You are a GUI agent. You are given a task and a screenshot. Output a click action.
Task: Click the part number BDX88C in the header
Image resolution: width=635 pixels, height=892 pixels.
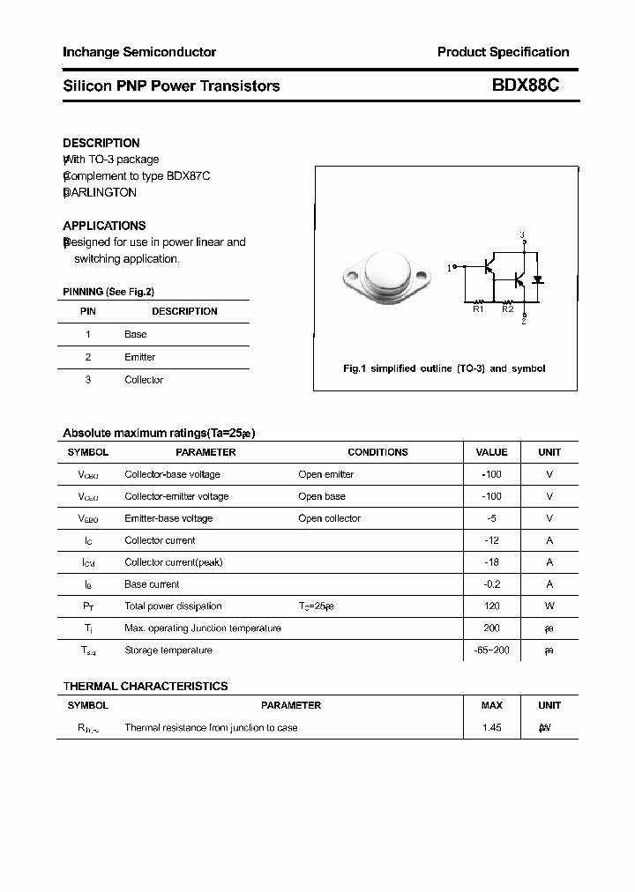tap(525, 85)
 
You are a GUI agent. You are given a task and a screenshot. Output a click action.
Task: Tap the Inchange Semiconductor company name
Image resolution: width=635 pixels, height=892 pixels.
tap(139, 52)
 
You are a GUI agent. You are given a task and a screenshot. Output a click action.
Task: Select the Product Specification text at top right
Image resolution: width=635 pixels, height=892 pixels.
tap(503, 52)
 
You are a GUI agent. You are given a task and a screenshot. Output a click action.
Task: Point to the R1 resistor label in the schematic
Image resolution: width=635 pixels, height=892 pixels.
tap(478, 309)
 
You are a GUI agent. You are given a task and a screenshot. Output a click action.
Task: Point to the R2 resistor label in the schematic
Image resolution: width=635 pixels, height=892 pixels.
tap(507, 309)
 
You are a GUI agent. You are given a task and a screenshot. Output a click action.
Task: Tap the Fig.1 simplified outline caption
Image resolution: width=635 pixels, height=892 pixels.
tap(444, 368)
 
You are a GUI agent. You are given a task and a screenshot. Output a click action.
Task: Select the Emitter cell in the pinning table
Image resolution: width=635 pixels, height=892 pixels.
tap(139, 357)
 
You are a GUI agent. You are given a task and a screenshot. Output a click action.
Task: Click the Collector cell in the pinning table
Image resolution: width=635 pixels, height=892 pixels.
tap(144, 380)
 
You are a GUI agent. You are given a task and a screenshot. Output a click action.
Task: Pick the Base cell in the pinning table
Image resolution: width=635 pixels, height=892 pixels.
tap(136, 334)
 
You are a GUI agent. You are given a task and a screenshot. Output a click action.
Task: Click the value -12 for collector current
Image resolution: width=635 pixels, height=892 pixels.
tap(491, 540)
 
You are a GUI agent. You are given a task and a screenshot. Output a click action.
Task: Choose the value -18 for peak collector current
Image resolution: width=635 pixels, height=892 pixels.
tap(491, 562)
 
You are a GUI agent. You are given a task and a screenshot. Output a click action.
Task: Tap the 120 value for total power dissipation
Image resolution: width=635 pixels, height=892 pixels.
tap(491, 606)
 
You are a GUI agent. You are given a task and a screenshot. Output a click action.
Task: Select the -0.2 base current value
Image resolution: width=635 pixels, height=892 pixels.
tap(491, 584)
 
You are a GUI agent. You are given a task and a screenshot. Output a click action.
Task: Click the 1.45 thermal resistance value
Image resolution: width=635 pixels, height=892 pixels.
tap(491, 728)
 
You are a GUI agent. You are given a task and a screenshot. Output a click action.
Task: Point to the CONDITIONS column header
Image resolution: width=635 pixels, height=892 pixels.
tap(377, 452)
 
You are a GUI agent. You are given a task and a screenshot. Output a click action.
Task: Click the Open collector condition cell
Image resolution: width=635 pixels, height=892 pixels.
tap(329, 518)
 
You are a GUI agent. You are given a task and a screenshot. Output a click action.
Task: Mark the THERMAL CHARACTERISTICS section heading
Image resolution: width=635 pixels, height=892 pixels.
tap(146, 686)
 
